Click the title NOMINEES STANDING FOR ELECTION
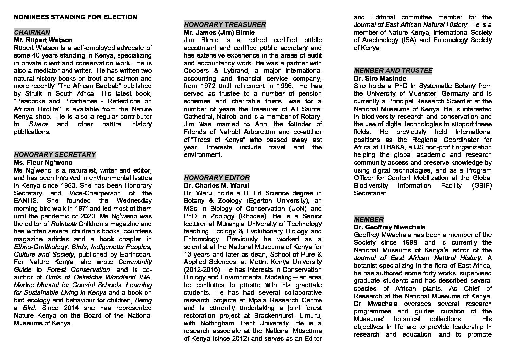pyautogui.click(x=75, y=17)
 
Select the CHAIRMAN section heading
pyautogui.click(x=32, y=32)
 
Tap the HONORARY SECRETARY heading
pyautogui.click(x=55, y=154)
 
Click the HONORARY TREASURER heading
pyautogui.click(x=225, y=24)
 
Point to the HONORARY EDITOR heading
pyautogui.click(x=217, y=178)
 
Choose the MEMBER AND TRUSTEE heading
pyautogui.click(x=393, y=70)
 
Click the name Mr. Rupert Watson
pyautogui.click(x=43, y=40)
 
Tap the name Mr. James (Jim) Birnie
pyautogui.click(x=219, y=32)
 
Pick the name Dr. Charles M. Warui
pyautogui.click(x=216, y=185)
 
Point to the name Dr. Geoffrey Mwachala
pyautogui.click(x=389, y=227)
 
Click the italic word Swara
pyautogui.click(x=38, y=124)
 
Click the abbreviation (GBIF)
pyautogui.click(x=481, y=185)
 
